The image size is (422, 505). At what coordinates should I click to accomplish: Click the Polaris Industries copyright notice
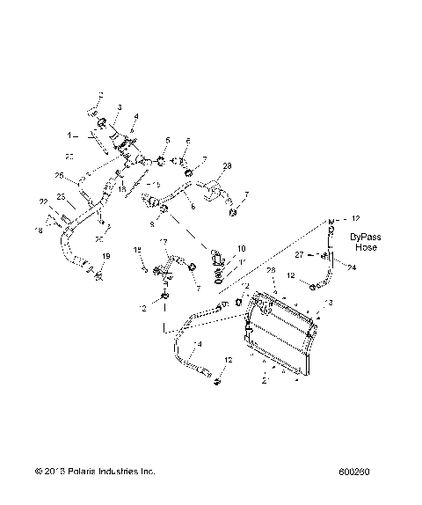coord(96,472)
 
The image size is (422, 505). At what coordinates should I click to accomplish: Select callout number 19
coord(105,256)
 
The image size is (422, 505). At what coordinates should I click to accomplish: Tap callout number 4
coord(135,116)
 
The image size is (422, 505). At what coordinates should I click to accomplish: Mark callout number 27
coord(300,254)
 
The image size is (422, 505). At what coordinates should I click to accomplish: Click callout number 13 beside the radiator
coord(330,302)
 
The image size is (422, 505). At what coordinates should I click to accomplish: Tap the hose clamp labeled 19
coord(98,277)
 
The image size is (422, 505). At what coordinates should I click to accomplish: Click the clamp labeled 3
coord(102,121)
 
